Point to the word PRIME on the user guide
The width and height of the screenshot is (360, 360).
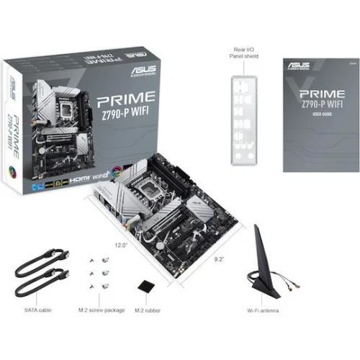pos(313,94)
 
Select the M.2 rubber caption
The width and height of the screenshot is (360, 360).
pos(149,311)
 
